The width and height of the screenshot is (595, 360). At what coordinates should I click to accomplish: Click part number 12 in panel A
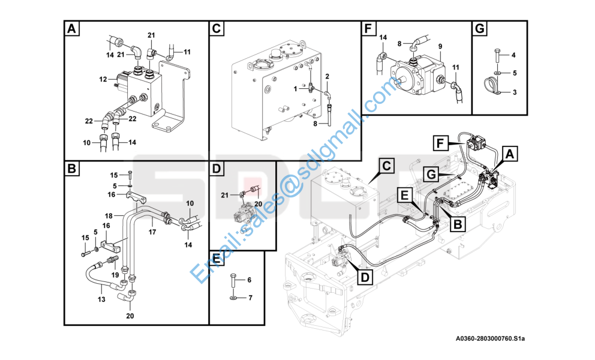[103, 79]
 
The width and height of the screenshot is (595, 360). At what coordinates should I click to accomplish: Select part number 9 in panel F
[440, 47]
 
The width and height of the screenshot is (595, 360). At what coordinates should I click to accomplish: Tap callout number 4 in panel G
[513, 56]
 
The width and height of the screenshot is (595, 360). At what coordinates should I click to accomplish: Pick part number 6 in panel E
[249, 280]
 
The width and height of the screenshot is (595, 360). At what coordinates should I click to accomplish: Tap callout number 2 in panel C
[327, 76]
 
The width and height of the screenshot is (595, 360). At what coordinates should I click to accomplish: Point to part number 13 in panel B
[101, 299]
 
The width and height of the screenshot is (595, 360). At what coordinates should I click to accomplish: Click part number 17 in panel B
[152, 231]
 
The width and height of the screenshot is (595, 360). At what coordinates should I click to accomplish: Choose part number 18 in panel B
[109, 215]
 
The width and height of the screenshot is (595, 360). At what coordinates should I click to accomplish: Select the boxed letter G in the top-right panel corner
[480, 29]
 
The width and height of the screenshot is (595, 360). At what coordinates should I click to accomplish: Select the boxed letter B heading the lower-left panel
[71, 170]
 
